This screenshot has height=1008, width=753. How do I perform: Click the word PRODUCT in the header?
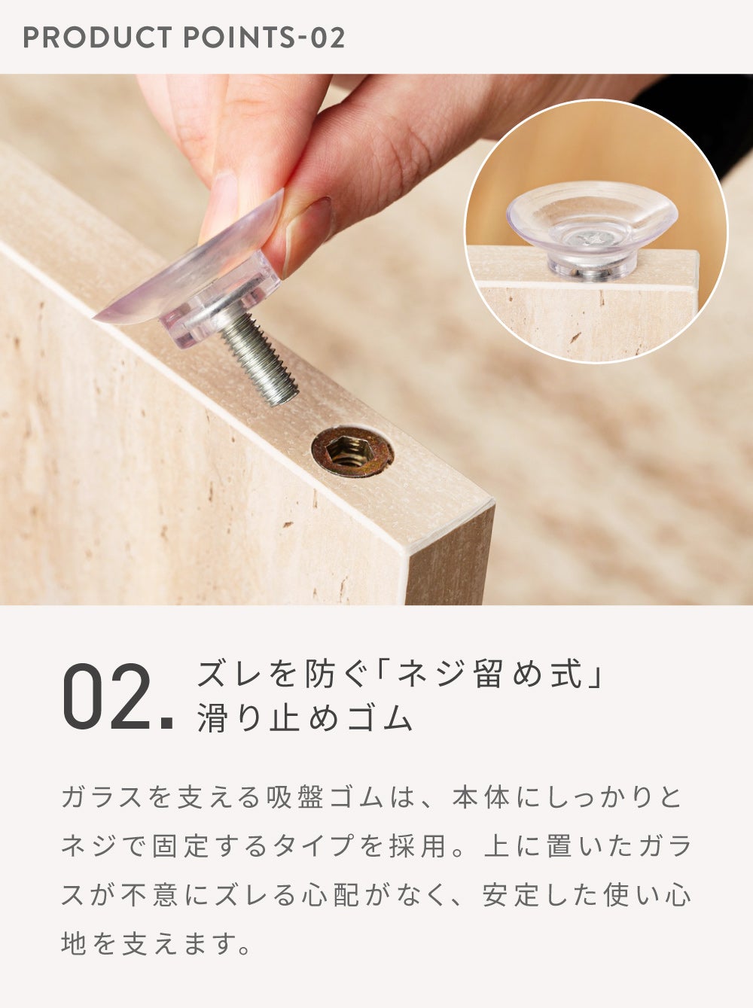coord(97,38)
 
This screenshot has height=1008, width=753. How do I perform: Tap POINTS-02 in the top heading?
coord(264,38)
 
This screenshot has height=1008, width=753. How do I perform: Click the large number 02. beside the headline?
coord(118,697)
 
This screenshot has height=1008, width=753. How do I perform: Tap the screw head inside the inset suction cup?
coord(591,237)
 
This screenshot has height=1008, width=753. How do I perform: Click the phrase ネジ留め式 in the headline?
coord(489,675)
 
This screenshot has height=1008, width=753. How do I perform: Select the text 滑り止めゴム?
coord(305,717)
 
